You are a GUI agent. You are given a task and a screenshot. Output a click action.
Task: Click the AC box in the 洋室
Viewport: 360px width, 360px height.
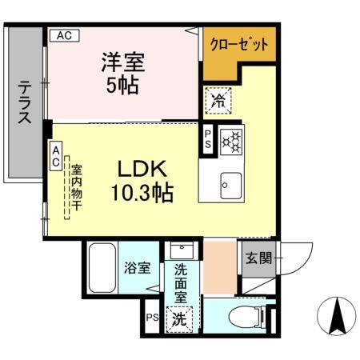63,35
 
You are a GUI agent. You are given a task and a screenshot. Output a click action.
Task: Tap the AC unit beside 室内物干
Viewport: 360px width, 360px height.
57,155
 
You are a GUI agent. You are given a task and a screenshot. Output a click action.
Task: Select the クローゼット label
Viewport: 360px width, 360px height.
238,45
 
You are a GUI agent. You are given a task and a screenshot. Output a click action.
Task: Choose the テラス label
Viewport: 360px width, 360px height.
26,102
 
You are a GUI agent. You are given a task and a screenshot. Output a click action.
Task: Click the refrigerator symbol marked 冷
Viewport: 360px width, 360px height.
217,101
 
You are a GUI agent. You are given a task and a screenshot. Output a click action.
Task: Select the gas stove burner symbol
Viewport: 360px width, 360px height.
230,141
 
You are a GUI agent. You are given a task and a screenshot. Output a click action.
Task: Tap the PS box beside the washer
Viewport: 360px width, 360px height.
151,317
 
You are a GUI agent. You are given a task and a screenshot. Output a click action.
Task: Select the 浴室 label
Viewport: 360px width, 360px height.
138,268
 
